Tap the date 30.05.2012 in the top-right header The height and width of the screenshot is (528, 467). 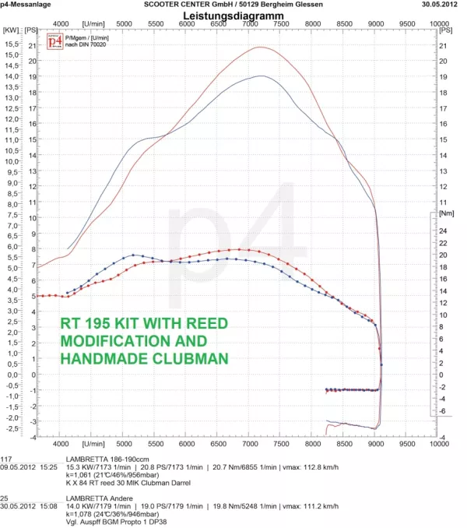[443, 4]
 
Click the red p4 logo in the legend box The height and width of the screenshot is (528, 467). [54, 42]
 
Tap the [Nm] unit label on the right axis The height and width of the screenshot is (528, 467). [446, 212]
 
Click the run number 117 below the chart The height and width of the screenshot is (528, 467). [7, 459]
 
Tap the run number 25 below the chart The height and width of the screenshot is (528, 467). [5, 496]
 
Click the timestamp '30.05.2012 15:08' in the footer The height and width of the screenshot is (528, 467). [30, 504]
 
